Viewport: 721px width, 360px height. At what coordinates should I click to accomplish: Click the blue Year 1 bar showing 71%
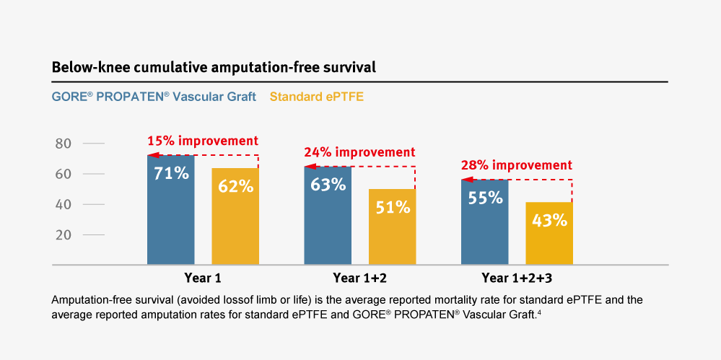(170, 209)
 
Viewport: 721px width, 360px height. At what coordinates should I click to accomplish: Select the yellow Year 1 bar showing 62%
(235, 216)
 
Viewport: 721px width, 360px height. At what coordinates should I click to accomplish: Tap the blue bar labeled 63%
(328, 215)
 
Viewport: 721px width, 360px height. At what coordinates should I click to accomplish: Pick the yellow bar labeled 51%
(392, 227)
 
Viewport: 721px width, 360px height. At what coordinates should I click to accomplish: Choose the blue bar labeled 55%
(485, 221)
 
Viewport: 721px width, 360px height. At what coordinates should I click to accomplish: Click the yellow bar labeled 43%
(549, 233)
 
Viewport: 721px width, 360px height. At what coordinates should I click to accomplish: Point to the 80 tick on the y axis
(64, 144)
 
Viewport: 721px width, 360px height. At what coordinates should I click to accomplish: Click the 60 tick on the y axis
(64, 174)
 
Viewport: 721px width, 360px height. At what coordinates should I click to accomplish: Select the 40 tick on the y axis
(64, 204)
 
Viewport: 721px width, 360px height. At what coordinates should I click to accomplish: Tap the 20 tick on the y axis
(64, 234)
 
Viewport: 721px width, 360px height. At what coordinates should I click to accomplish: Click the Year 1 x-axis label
(203, 278)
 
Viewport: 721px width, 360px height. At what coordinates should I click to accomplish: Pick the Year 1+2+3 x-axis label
(517, 278)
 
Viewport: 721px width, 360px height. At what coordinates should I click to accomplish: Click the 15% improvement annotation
(202, 141)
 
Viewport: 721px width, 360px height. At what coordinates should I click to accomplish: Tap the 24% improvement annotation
(359, 152)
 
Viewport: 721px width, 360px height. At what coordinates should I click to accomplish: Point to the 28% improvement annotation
(516, 165)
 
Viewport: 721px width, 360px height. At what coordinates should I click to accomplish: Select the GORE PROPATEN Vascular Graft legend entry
(154, 97)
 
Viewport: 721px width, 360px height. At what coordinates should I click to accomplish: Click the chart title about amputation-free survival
(214, 68)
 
